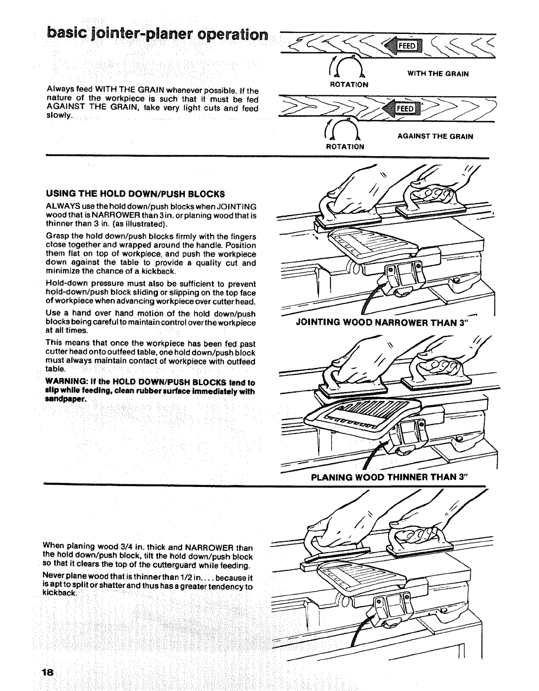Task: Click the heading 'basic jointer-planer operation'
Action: point(158,34)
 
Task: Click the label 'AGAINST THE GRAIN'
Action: point(435,137)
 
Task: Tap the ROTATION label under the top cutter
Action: point(349,84)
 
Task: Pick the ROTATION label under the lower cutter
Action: point(345,147)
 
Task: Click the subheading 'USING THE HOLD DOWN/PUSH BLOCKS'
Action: point(135,194)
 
